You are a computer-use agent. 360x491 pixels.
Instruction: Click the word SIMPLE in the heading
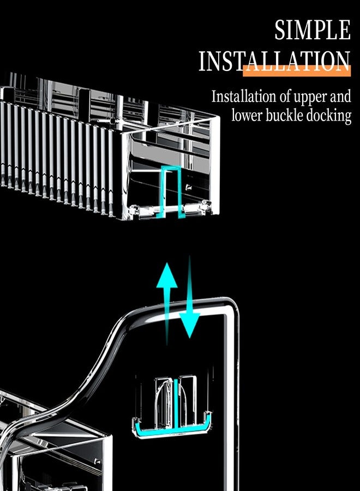[313, 30]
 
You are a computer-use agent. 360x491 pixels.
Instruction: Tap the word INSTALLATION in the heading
[274, 61]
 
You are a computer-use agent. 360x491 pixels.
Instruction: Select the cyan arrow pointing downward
[189, 297]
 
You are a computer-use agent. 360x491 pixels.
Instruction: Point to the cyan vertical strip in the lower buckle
[176, 403]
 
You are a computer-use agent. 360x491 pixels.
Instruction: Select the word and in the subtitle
[340, 97]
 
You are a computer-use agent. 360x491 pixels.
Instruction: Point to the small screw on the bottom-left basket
[98, 461]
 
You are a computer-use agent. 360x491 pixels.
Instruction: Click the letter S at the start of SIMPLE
[280, 30]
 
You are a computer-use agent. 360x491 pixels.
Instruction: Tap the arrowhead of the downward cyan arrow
[189, 325]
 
